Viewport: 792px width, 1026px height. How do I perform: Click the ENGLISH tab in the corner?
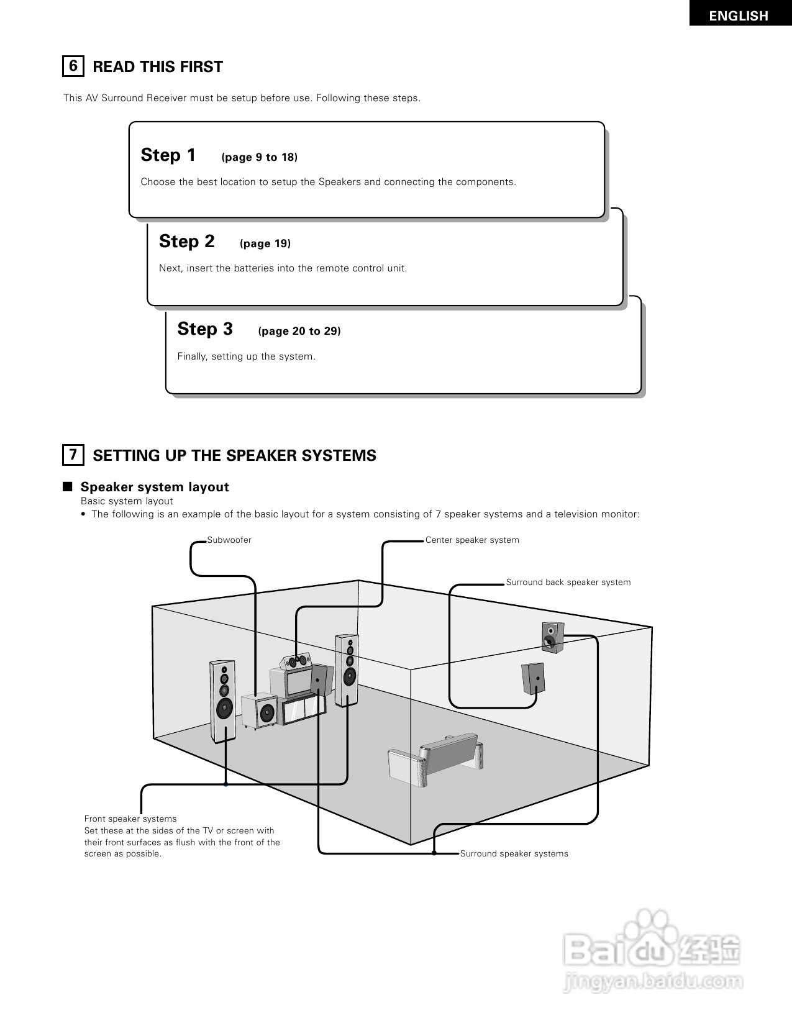click(739, 15)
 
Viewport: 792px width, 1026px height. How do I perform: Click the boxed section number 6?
click(73, 66)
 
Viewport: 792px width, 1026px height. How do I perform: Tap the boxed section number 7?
click(73, 455)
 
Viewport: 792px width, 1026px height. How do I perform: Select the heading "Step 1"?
click(168, 155)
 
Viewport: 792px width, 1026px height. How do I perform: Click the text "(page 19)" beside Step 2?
click(265, 243)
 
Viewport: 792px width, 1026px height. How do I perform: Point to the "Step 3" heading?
click(205, 329)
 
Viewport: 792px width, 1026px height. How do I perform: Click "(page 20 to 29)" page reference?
click(299, 331)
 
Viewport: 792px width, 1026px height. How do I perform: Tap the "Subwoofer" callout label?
click(229, 540)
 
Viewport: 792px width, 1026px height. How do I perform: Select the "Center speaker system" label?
click(472, 540)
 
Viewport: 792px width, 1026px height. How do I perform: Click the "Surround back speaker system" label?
click(568, 582)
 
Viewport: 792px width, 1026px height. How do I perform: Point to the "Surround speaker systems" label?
click(514, 853)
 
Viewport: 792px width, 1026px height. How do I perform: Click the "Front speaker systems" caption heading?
click(130, 819)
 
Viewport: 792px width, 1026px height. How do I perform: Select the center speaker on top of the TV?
click(296, 661)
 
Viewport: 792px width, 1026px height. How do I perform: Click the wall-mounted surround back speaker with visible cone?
click(552, 637)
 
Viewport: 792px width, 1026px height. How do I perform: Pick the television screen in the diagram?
click(299, 681)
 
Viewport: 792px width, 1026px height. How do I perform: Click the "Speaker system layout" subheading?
click(155, 487)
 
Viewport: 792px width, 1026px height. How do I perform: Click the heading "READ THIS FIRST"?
click(158, 66)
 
